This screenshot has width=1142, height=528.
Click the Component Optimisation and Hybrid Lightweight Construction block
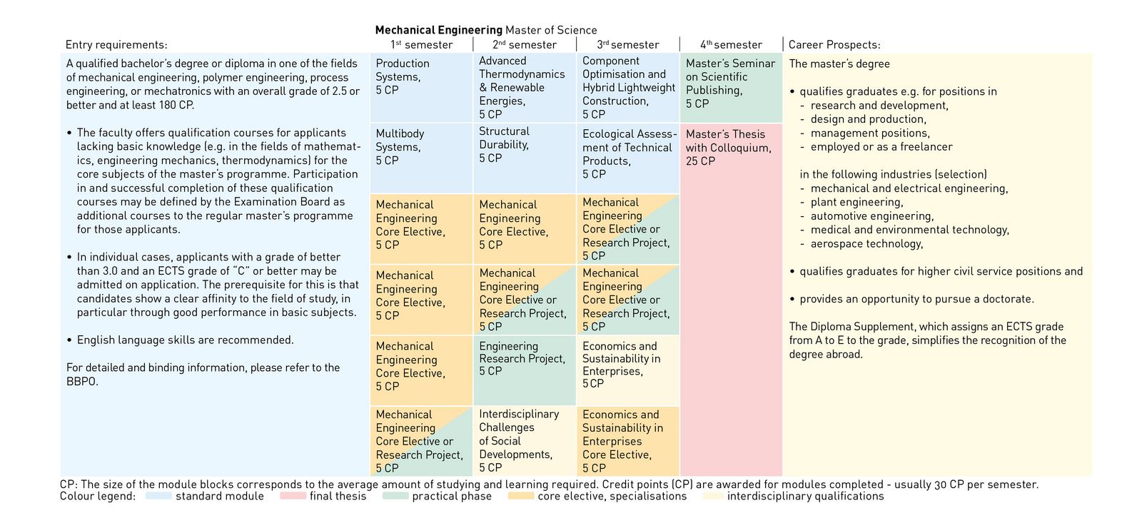click(x=628, y=88)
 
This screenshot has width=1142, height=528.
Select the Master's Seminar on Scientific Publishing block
click(x=730, y=83)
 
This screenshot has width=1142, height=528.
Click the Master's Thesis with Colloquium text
click(x=728, y=148)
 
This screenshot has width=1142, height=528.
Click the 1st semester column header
click(x=421, y=45)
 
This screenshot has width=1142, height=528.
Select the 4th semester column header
click(x=731, y=45)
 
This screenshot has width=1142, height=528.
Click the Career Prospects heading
click(x=834, y=45)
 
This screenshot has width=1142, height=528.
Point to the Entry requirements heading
click(x=116, y=45)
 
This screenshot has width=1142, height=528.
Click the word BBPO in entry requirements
click(x=82, y=382)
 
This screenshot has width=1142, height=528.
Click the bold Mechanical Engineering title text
click(x=438, y=30)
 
